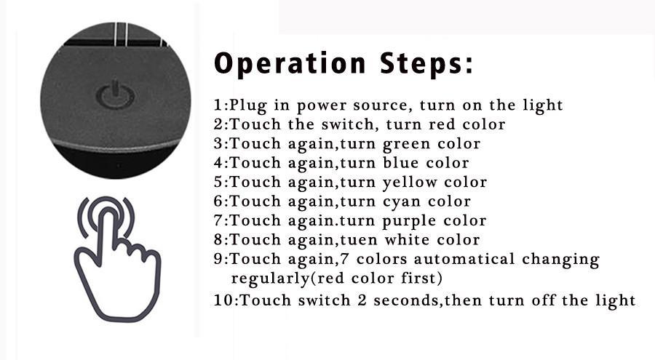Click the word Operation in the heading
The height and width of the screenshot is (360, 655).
[x=290, y=64]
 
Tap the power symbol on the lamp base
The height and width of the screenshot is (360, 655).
[x=115, y=96]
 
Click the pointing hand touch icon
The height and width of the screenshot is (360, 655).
[x=117, y=259]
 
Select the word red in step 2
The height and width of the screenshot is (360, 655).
[x=442, y=124]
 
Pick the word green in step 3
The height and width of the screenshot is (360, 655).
[x=406, y=145]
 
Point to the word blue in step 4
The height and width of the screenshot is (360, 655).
[x=400, y=163]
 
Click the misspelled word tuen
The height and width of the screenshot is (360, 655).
[x=358, y=240]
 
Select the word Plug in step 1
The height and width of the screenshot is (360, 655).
[x=248, y=105]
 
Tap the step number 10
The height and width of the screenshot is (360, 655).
[x=223, y=300]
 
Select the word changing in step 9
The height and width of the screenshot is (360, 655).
[x=560, y=260]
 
